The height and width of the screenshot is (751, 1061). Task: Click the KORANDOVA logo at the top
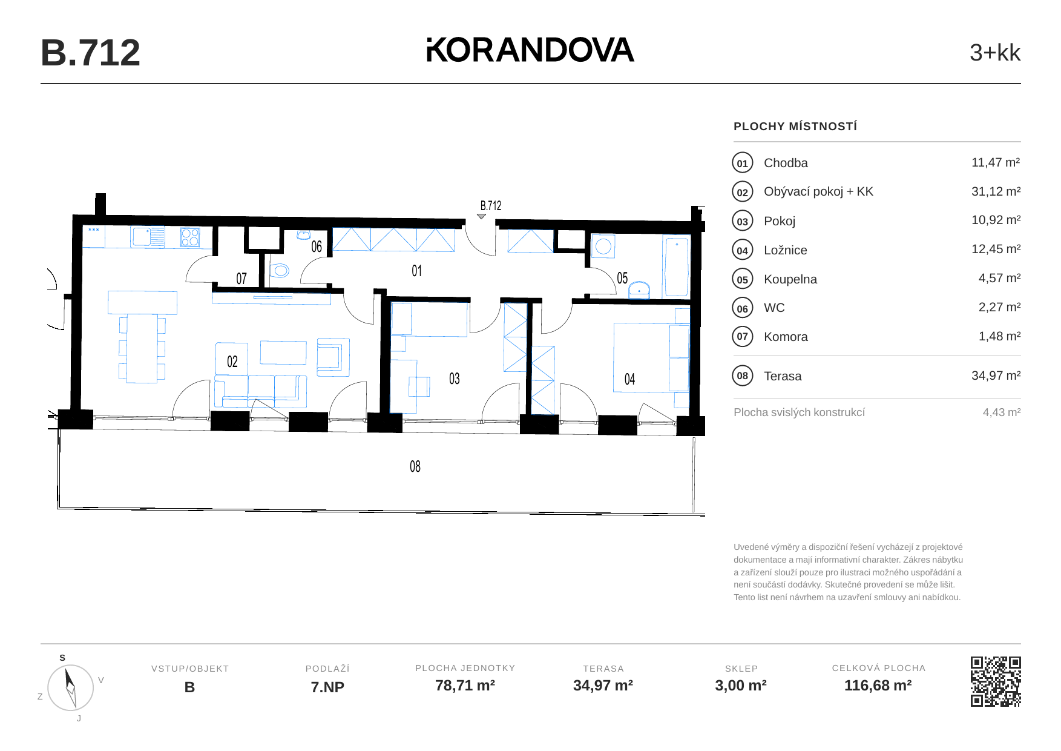[530, 50]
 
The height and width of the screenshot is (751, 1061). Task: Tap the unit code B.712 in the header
[90, 53]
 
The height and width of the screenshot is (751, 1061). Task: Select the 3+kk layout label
[994, 53]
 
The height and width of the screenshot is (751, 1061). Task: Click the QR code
[996, 681]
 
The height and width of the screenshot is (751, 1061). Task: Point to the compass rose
[70, 687]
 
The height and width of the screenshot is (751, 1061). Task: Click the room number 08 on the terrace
[415, 466]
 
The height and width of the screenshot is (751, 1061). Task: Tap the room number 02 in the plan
[232, 362]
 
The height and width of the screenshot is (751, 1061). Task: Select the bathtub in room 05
[676, 266]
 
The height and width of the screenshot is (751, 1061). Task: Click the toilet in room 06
[279, 270]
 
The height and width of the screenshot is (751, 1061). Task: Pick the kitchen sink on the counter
[148, 237]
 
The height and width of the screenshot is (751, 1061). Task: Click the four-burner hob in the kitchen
[190, 237]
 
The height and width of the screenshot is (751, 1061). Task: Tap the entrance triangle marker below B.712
[481, 216]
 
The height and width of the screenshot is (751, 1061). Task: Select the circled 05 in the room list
[743, 279]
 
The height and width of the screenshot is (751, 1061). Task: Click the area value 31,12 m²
[996, 191]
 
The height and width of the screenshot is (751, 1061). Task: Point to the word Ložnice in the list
[785, 250]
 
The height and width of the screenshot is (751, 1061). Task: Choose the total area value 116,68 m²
[878, 686]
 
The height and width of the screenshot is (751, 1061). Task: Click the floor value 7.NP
[327, 687]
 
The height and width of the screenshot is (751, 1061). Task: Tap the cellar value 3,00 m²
[741, 686]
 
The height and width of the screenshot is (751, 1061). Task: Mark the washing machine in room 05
[603, 246]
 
